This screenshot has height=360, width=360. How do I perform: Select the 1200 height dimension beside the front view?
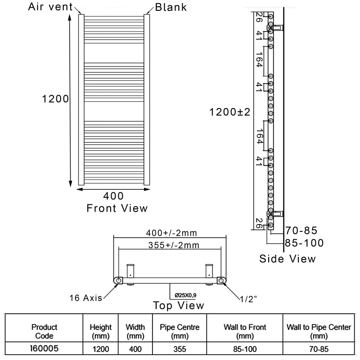coord(55,99)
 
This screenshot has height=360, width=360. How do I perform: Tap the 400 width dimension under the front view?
coord(113,196)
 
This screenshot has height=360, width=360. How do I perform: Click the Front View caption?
coord(117,208)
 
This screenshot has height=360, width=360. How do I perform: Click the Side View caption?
coord(288,259)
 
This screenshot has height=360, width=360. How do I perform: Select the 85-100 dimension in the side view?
coord(305,243)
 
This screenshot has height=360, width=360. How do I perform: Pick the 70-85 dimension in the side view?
coord(301,231)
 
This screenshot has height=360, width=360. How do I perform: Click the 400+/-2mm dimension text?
coord(172,233)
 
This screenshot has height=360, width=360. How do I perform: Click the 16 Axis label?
coord(85,298)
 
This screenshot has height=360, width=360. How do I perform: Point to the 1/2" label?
coord(248,298)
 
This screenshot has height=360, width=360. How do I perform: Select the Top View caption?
coord(178,305)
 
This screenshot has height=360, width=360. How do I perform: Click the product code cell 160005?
coord(44,348)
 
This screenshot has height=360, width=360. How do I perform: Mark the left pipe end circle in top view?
coord(118,280)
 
